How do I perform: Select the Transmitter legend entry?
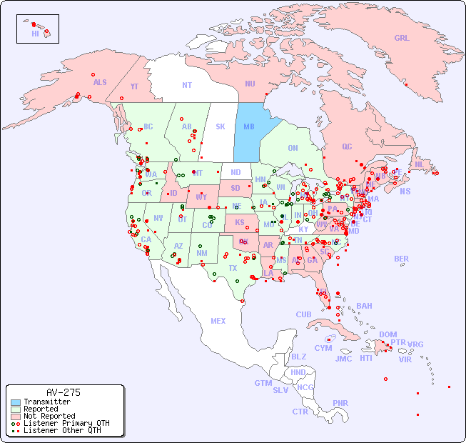click(46, 402)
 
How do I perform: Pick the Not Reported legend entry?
click(49, 416)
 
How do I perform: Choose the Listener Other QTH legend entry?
click(61, 430)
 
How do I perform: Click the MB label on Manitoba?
click(249, 126)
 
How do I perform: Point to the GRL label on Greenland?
click(402, 38)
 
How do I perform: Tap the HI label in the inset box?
click(35, 34)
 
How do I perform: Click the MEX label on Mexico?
click(218, 321)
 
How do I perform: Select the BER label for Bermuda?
click(401, 259)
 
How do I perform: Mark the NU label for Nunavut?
click(250, 84)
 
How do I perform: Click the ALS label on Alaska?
click(100, 82)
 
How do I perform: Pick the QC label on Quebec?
click(347, 146)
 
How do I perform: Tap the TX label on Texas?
click(233, 268)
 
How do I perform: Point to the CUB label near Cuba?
click(303, 314)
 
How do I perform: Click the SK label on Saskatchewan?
click(221, 126)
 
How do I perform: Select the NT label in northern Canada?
click(187, 84)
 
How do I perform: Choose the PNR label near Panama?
click(340, 403)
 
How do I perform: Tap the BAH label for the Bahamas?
click(364, 306)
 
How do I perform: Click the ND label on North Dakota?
click(235, 172)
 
